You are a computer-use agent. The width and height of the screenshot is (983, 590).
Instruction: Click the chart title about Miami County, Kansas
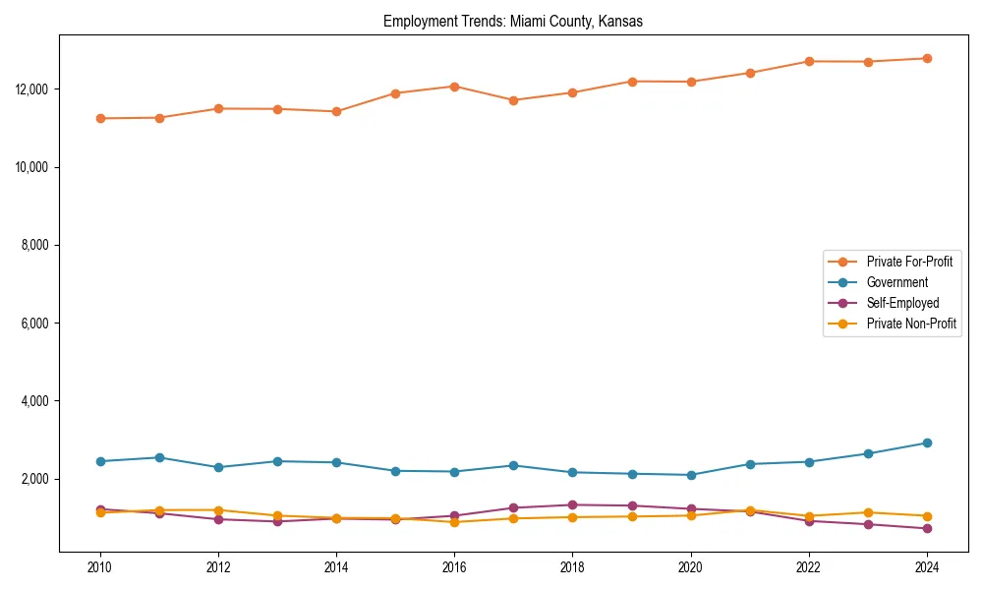pos(513,22)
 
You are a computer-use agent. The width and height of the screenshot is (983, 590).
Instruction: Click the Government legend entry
pos(896,282)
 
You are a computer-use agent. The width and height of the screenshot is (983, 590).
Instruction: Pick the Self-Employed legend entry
pos(902,303)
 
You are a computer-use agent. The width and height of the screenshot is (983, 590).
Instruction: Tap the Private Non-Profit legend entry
pos(911,324)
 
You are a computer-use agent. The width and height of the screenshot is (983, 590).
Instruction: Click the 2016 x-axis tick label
pos(454,567)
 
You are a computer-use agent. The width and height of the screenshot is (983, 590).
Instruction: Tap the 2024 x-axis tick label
pos(926,567)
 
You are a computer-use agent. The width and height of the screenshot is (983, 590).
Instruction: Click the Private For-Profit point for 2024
pos(926,58)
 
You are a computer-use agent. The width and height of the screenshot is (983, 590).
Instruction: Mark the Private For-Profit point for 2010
pos(100,118)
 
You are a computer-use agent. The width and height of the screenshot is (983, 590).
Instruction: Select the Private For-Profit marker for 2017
pos(513,100)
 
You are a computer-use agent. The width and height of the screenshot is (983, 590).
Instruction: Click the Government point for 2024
pos(926,442)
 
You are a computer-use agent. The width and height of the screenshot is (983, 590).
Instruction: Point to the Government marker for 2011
pos(159,457)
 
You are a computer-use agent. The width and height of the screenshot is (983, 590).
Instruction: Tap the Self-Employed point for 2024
pos(926,529)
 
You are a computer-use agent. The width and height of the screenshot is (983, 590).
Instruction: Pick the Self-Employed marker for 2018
pos(572,504)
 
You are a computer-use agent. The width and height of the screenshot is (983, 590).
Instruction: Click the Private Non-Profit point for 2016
pos(454,522)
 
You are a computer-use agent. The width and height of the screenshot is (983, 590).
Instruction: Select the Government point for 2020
pos(690,475)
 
